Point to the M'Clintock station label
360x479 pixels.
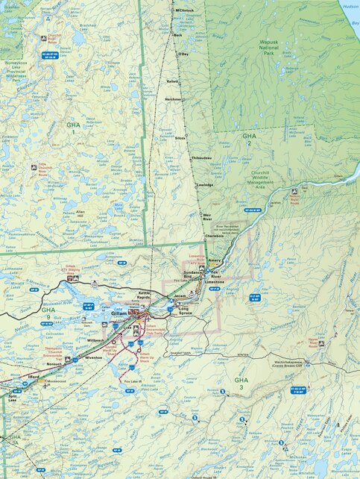(183, 10)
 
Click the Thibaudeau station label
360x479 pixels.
(202, 158)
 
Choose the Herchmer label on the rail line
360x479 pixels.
(173, 99)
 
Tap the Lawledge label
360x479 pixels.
(204, 185)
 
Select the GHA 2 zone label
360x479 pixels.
(249, 141)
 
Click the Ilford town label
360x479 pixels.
(34, 378)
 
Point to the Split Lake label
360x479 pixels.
(12, 398)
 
